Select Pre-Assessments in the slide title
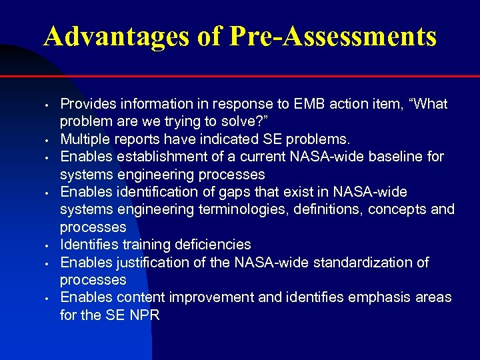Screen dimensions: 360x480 [x=332, y=36]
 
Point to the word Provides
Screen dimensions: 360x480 [x=87, y=105]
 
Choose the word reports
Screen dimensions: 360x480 [x=136, y=139]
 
